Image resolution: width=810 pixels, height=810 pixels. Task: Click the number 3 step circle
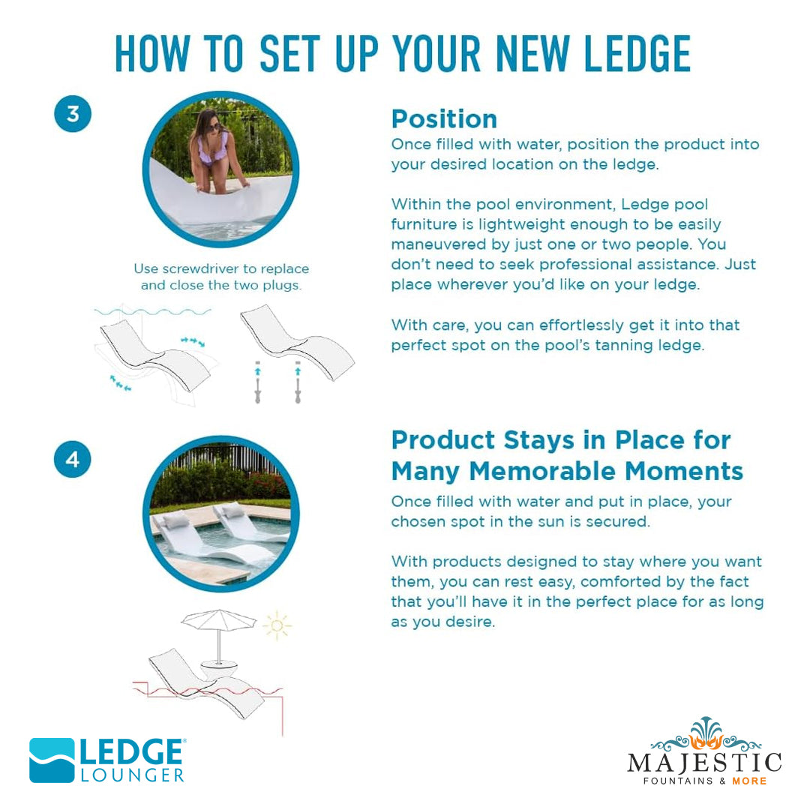click(73, 114)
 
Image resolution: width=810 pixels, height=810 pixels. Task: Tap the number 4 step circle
click(72, 459)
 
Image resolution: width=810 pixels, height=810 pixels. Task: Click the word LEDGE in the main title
click(637, 54)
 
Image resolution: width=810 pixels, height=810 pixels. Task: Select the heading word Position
click(444, 119)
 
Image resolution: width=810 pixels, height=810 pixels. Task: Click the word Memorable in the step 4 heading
click(542, 471)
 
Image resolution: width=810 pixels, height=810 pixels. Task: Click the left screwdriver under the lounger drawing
click(258, 382)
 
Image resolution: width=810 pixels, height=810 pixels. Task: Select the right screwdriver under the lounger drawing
click(298, 382)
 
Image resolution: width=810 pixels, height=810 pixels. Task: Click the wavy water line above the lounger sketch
click(153, 312)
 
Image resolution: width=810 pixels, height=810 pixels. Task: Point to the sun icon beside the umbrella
click(277, 625)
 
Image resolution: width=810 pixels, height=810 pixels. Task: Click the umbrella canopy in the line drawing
click(219, 618)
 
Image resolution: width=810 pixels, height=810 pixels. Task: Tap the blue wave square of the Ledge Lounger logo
click(52, 760)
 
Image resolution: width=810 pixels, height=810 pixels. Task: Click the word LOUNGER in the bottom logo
click(132, 775)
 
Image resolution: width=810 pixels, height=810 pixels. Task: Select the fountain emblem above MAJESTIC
click(706, 733)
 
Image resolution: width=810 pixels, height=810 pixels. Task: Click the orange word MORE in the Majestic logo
click(749, 781)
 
